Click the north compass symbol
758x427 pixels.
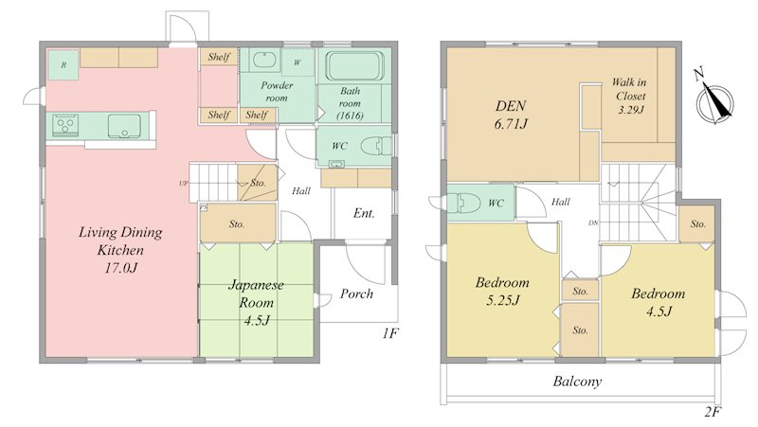point(714,100)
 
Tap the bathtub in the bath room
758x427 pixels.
point(354,65)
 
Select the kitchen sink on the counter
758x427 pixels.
point(124,126)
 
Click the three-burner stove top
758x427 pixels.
point(65,125)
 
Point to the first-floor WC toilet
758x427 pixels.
point(376,145)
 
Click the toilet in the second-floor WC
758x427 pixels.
point(463,203)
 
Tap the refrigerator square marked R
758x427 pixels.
point(63,64)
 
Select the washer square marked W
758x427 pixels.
point(298,62)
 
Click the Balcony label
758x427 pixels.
point(577,382)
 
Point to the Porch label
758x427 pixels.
point(356,294)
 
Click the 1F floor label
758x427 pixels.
point(389,333)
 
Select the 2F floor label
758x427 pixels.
point(713,412)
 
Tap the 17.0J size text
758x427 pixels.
point(121,268)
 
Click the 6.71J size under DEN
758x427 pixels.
point(511,124)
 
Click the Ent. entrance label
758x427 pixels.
point(364,213)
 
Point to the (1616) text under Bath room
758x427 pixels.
point(350,116)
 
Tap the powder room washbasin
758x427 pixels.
point(264,61)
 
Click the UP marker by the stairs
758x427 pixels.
point(183,184)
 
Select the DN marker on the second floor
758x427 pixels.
point(593,223)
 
